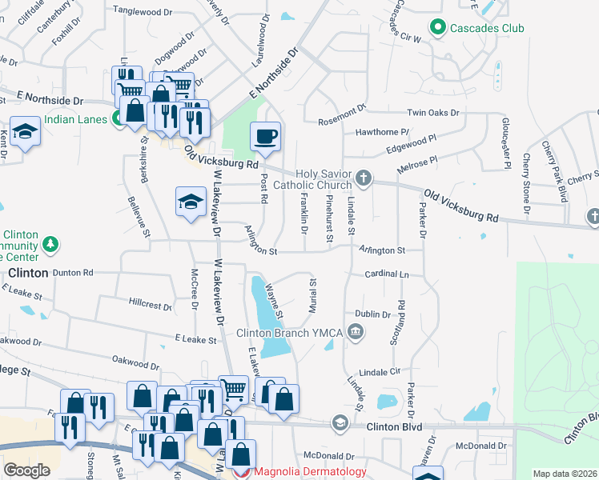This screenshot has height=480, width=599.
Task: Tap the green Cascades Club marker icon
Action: (437, 29)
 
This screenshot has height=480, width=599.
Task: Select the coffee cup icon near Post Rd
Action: (265, 135)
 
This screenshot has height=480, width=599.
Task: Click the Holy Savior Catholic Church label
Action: (324, 180)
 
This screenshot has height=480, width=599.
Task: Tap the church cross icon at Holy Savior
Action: (364, 178)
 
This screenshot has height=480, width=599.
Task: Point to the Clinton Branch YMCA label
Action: (289, 333)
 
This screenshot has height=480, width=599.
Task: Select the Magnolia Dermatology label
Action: (311, 471)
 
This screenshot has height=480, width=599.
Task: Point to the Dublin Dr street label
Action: (372, 314)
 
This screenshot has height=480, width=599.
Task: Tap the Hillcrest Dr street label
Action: (150, 304)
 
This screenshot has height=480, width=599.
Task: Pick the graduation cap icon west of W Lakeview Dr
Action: (191, 201)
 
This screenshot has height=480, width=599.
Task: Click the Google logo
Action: (26, 470)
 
